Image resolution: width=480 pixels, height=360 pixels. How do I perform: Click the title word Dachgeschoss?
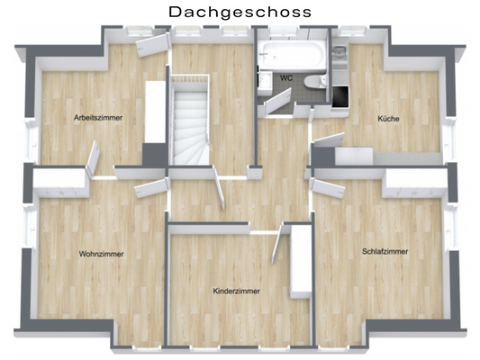(240, 12)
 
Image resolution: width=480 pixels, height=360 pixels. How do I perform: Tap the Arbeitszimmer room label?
(98, 118)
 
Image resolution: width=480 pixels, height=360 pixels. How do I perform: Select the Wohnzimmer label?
(101, 254)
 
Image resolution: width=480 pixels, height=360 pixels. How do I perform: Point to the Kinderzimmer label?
(236, 292)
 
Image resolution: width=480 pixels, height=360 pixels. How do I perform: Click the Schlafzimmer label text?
(385, 251)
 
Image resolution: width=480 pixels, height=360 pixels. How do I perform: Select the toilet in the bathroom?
(316, 83)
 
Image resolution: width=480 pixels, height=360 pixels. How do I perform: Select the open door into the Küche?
(328, 139)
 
